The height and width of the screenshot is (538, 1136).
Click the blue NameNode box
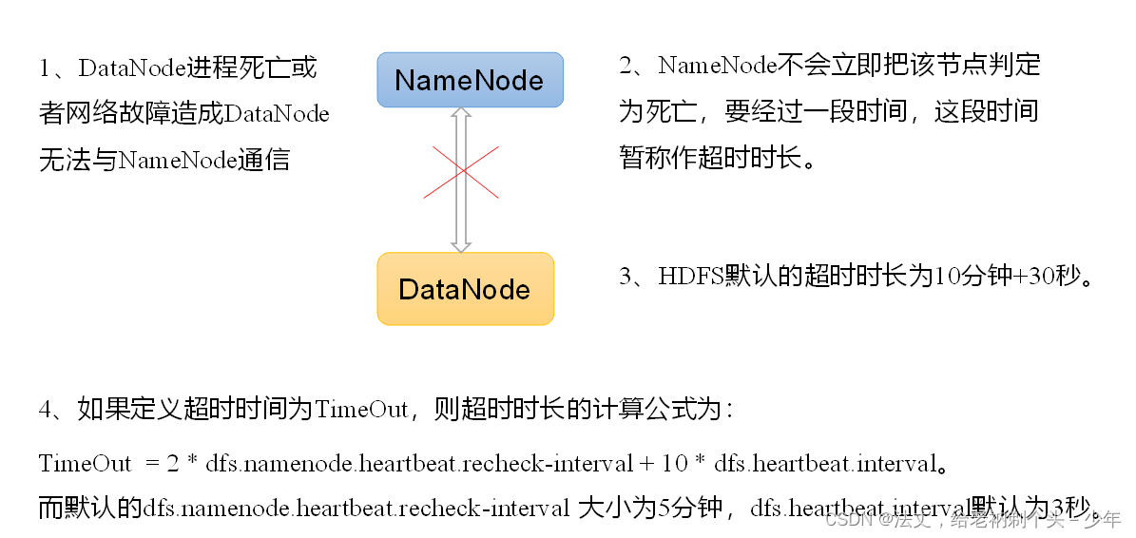[x=470, y=79]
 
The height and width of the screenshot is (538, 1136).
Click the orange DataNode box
[x=465, y=289]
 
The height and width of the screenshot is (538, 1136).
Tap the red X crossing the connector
[x=461, y=171]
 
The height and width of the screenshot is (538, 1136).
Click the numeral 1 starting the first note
[x=45, y=68]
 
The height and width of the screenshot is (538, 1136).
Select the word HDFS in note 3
[x=691, y=277]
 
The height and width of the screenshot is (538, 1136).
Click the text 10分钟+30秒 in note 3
[x=1009, y=277]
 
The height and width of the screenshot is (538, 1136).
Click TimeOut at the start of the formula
[x=86, y=464]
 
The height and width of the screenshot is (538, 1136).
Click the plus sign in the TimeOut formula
[x=646, y=464]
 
